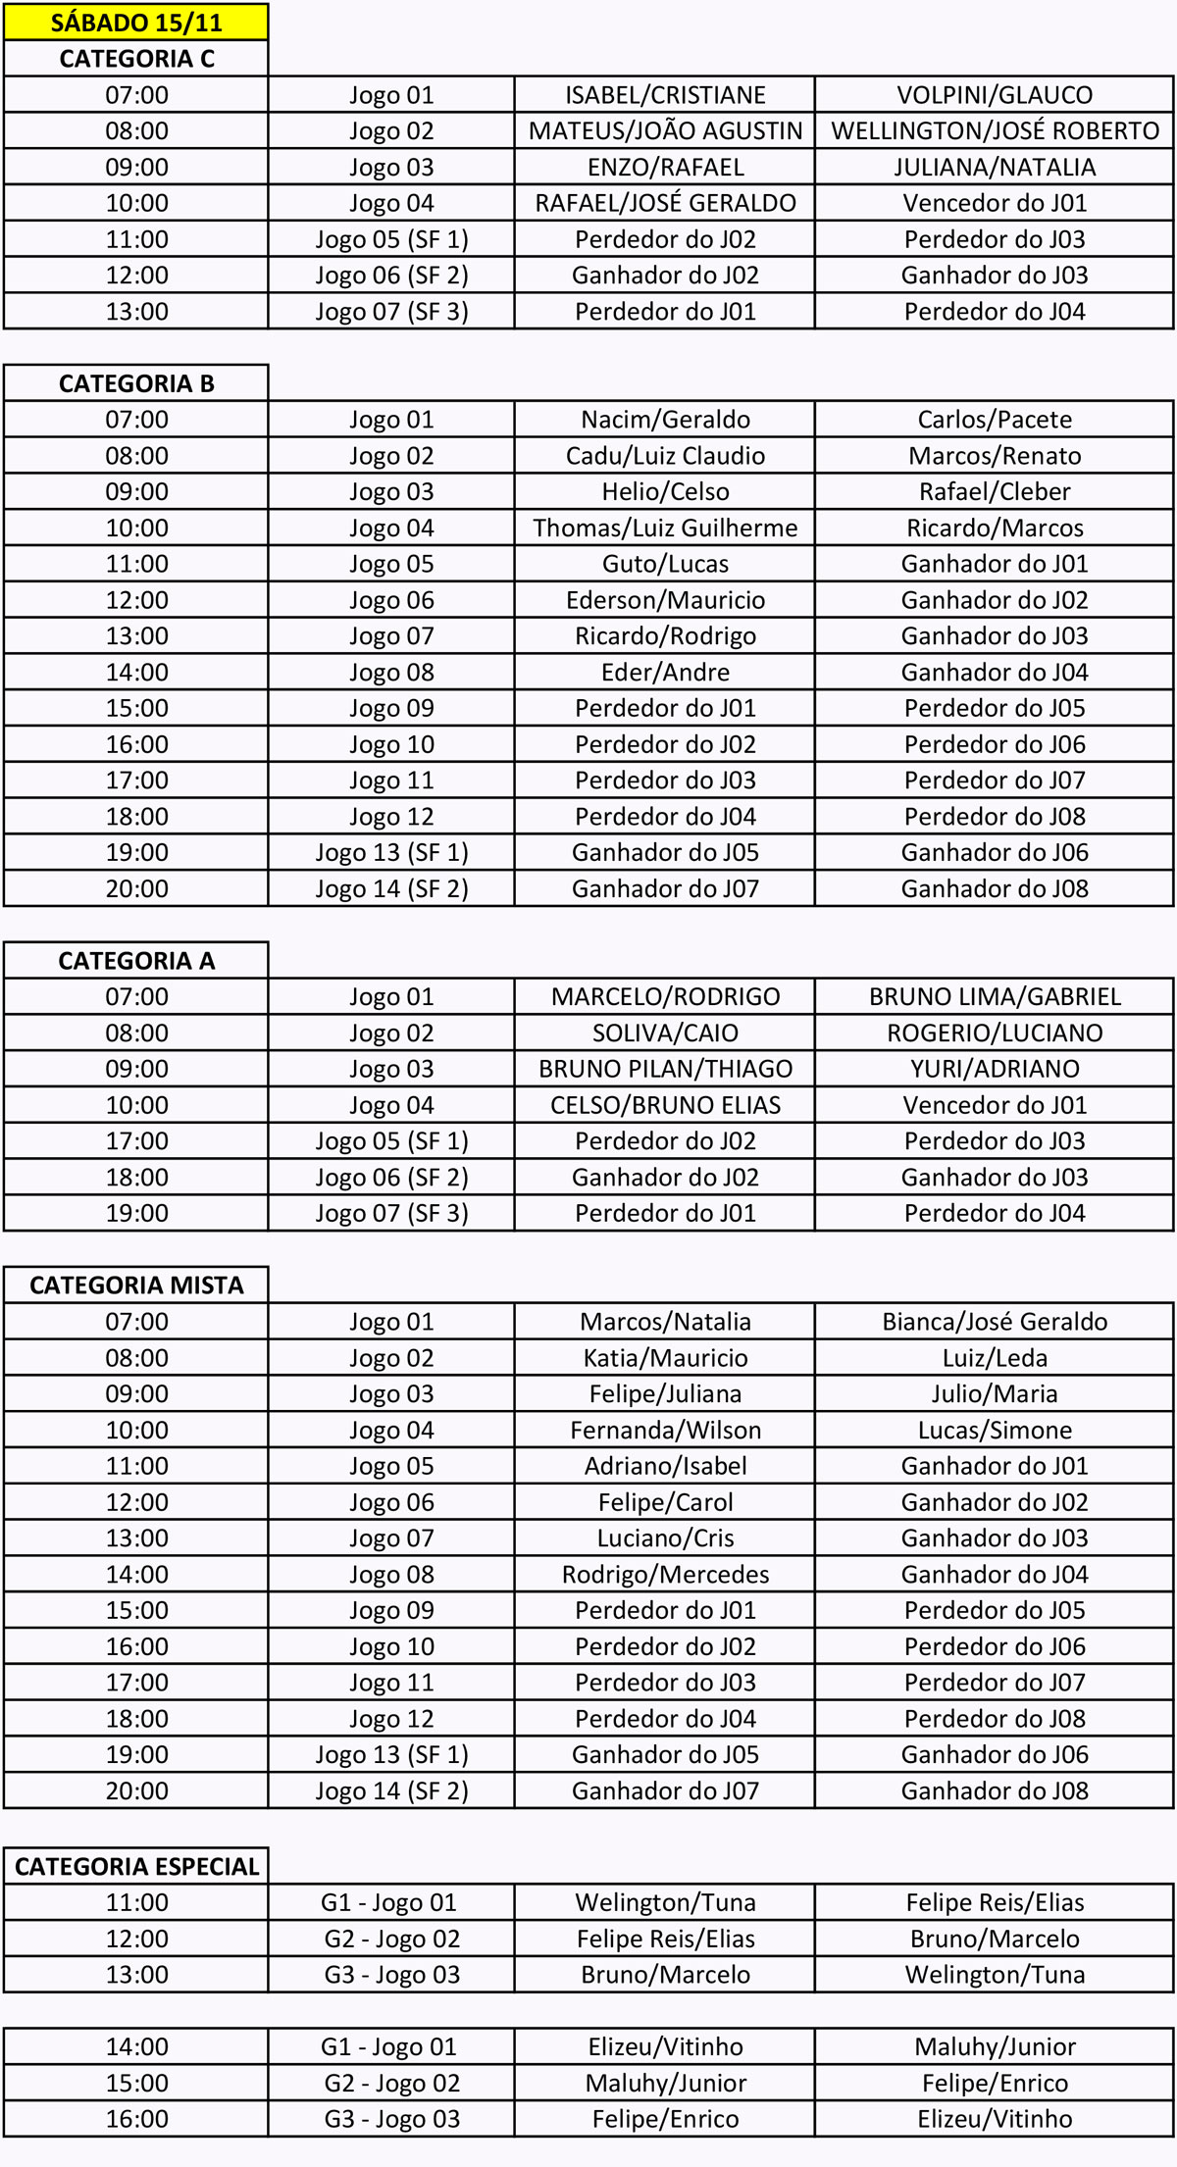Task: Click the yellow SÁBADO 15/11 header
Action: tap(136, 22)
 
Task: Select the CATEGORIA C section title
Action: tap(136, 59)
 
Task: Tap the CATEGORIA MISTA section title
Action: tap(136, 1285)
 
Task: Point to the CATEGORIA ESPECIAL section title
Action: tap(136, 1867)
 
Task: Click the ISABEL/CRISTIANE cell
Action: tap(665, 95)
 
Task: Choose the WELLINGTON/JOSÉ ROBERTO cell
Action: tap(995, 131)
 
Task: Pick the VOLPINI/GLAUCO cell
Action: tap(995, 95)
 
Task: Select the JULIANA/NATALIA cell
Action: tap(995, 168)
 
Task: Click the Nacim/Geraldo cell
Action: tap(665, 420)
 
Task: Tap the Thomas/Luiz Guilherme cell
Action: tap(665, 529)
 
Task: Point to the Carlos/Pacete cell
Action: tap(995, 420)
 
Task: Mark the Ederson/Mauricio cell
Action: tap(665, 600)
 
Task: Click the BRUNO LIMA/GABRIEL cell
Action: tap(995, 997)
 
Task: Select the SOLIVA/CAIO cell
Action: tap(665, 1033)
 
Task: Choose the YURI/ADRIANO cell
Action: tap(995, 1069)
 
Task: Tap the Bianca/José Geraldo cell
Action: tap(995, 1322)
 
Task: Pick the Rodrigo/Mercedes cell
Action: tap(665, 1575)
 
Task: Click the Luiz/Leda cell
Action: tap(995, 1358)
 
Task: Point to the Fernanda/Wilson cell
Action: tap(665, 1431)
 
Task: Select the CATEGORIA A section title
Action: tap(136, 961)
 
